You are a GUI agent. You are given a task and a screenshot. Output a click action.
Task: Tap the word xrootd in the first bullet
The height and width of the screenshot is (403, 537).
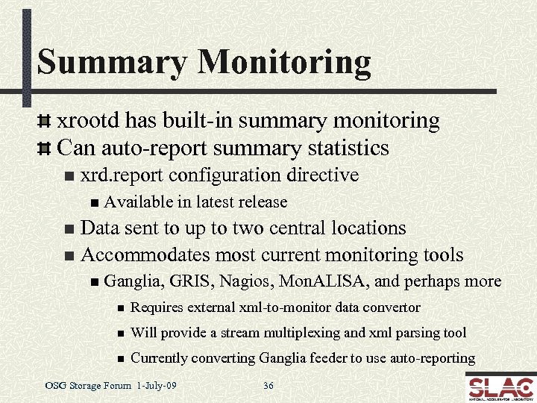tap(89, 120)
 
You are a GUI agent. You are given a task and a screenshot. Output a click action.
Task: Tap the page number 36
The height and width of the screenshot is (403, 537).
tap(268, 386)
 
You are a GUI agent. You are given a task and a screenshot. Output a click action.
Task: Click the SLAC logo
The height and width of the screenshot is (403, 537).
tap(500, 387)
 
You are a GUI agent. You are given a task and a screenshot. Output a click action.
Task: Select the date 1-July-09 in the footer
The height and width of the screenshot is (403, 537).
tap(157, 386)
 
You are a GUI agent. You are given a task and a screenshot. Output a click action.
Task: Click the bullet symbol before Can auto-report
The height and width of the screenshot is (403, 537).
tap(45, 149)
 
